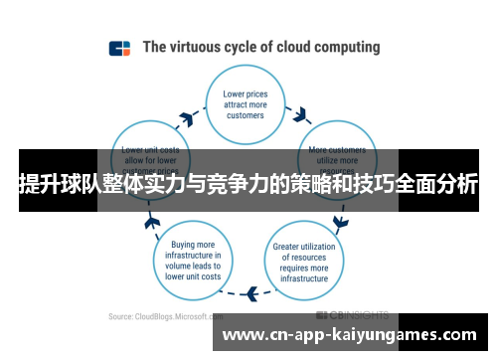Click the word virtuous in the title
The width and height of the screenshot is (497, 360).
click(x=205, y=47)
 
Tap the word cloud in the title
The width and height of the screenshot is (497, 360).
click(x=289, y=47)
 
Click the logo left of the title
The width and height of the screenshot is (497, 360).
click(x=119, y=48)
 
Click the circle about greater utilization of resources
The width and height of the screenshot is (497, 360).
click(x=301, y=257)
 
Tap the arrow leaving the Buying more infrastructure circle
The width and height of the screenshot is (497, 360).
click(x=153, y=220)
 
